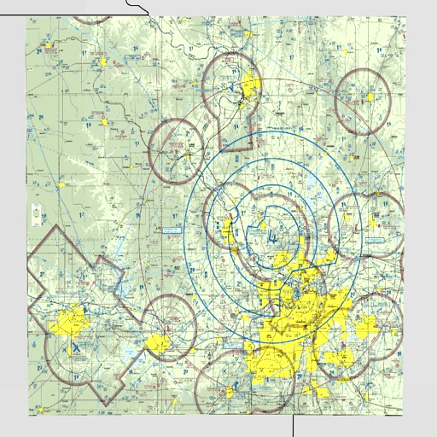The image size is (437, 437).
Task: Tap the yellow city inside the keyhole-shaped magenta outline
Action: point(250,84)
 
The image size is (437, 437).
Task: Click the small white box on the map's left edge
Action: point(35,215)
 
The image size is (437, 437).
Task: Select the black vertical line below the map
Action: point(293,425)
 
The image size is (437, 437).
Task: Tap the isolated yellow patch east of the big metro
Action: point(367,324)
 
